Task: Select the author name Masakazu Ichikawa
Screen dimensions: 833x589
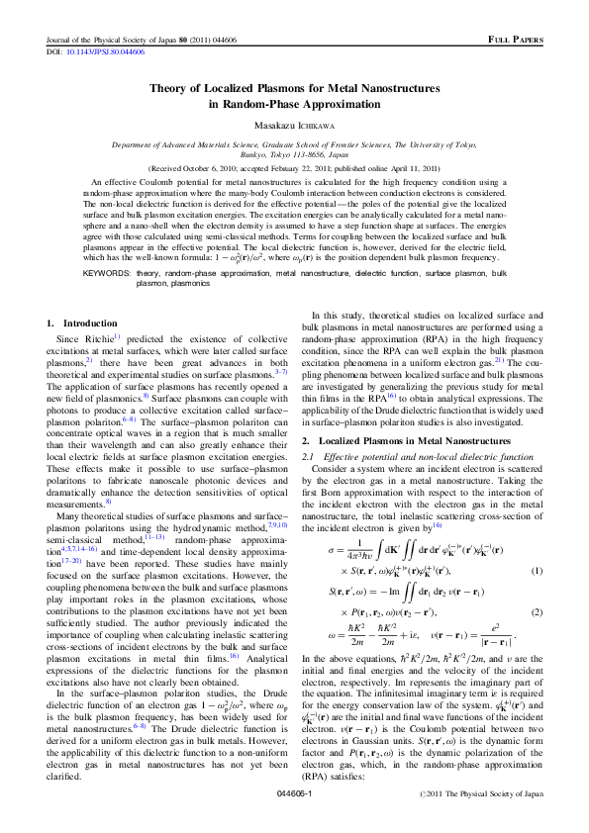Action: pyautogui.click(x=293, y=126)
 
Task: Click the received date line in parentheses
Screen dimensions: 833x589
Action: pyautogui.click(x=293, y=169)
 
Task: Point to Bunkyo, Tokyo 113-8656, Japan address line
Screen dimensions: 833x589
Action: pyautogui.click(x=293, y=155)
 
